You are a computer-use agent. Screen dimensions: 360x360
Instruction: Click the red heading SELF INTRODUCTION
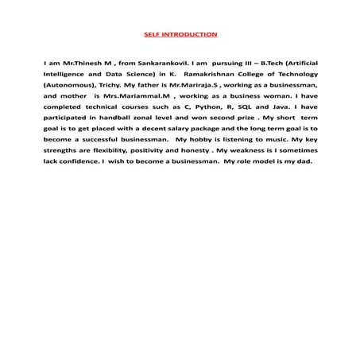click(x=180, y=35)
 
